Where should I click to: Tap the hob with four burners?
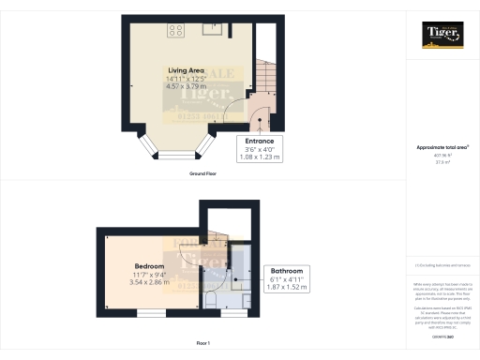tap(174, 30)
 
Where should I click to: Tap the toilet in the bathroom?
tap(215, 298)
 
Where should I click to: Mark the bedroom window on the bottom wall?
tap(150, 313)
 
